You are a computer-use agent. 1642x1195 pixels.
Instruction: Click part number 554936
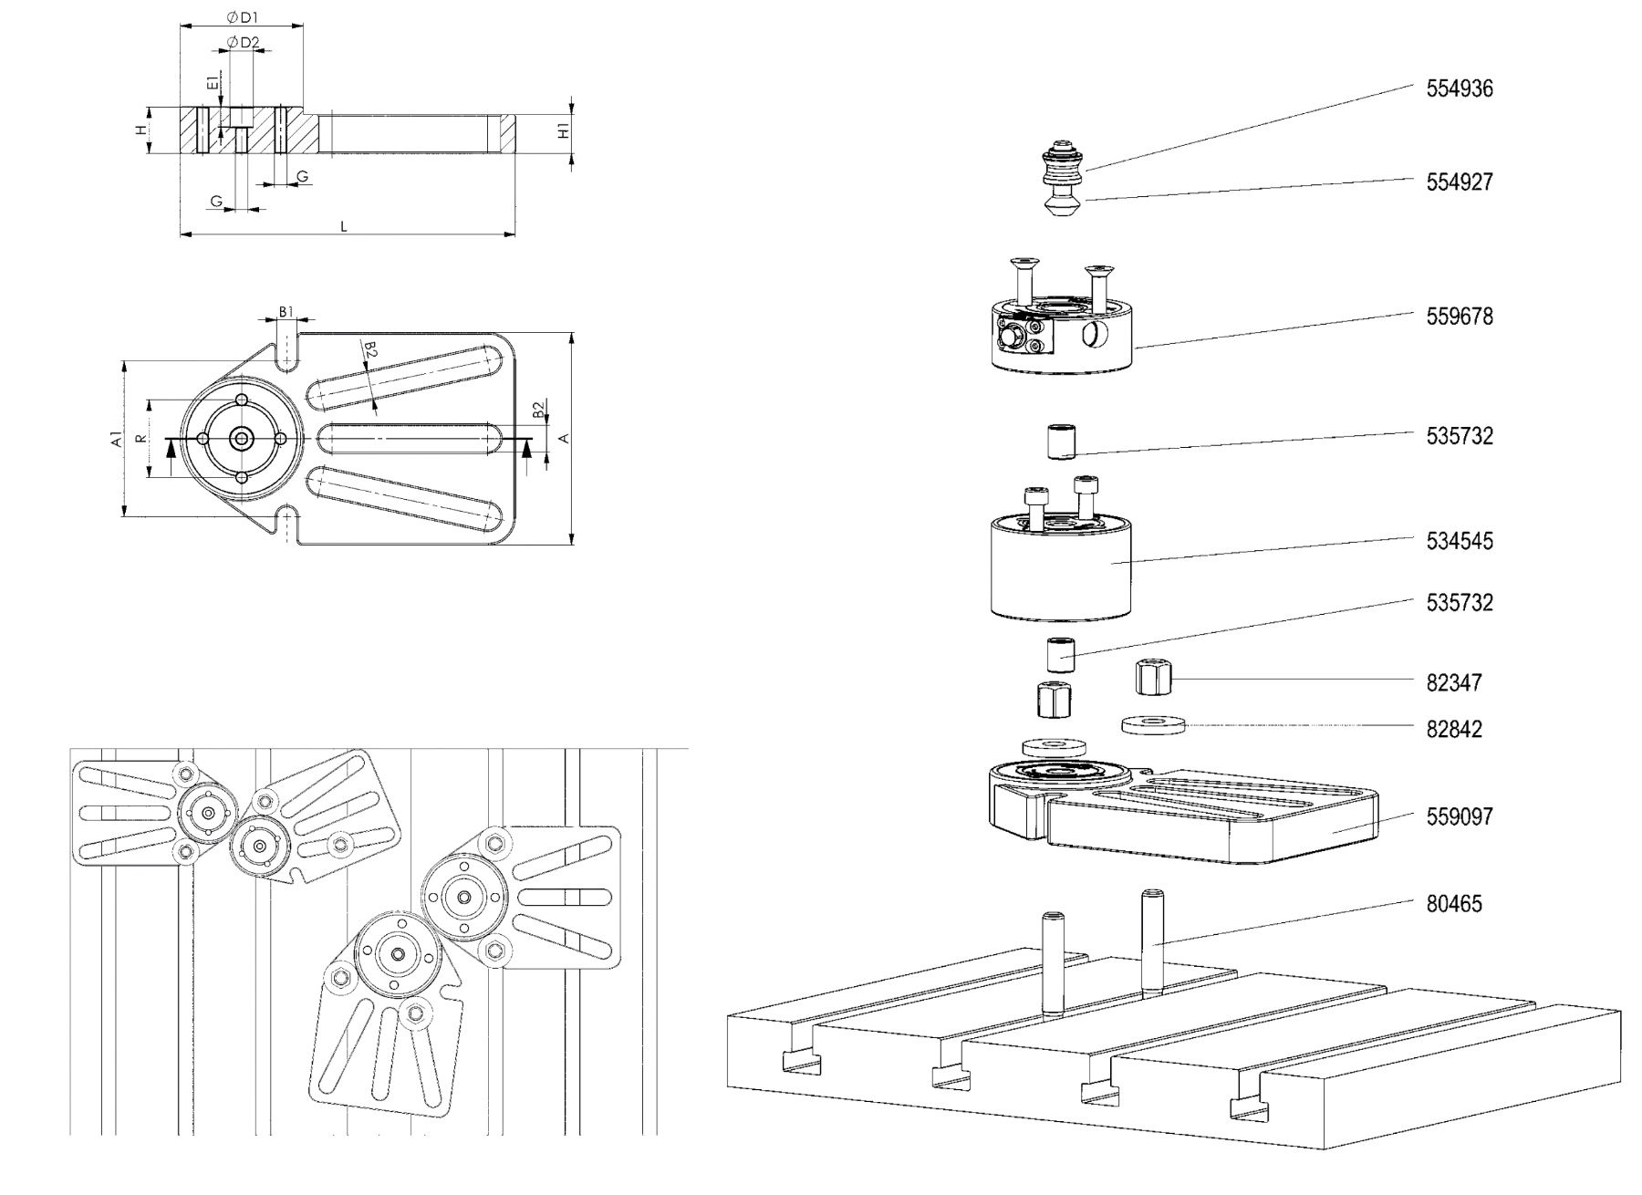point(1460,88)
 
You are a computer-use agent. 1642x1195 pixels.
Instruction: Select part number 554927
point(1460,182)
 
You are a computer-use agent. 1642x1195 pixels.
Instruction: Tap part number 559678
point(1460,317)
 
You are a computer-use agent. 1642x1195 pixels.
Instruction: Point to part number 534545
point(1460,541)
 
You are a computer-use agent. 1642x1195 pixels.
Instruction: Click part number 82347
point(1454,682)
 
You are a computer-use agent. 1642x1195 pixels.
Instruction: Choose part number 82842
point(1454,729)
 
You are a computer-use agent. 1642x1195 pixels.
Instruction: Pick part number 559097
point(1460,816)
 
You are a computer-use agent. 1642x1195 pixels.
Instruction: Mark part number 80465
point(1454,904)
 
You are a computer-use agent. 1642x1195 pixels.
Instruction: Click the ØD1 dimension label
point(242,17)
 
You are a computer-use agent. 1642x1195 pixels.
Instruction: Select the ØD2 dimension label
point(244,42)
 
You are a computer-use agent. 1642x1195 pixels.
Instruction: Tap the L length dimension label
point(344,226)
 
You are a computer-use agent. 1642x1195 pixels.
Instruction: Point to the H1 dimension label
point(564,130)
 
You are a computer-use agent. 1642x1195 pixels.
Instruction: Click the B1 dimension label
point(286,312)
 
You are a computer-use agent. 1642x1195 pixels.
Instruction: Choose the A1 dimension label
point(116,439)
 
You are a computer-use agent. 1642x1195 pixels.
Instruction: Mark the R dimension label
point(140,439)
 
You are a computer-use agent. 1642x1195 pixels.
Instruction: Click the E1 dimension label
point(213,82)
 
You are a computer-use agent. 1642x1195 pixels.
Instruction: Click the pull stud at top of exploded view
point(1062,179)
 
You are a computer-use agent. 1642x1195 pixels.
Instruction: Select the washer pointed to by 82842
point(1152,724)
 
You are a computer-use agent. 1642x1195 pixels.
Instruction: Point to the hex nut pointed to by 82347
point(1154,678)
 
